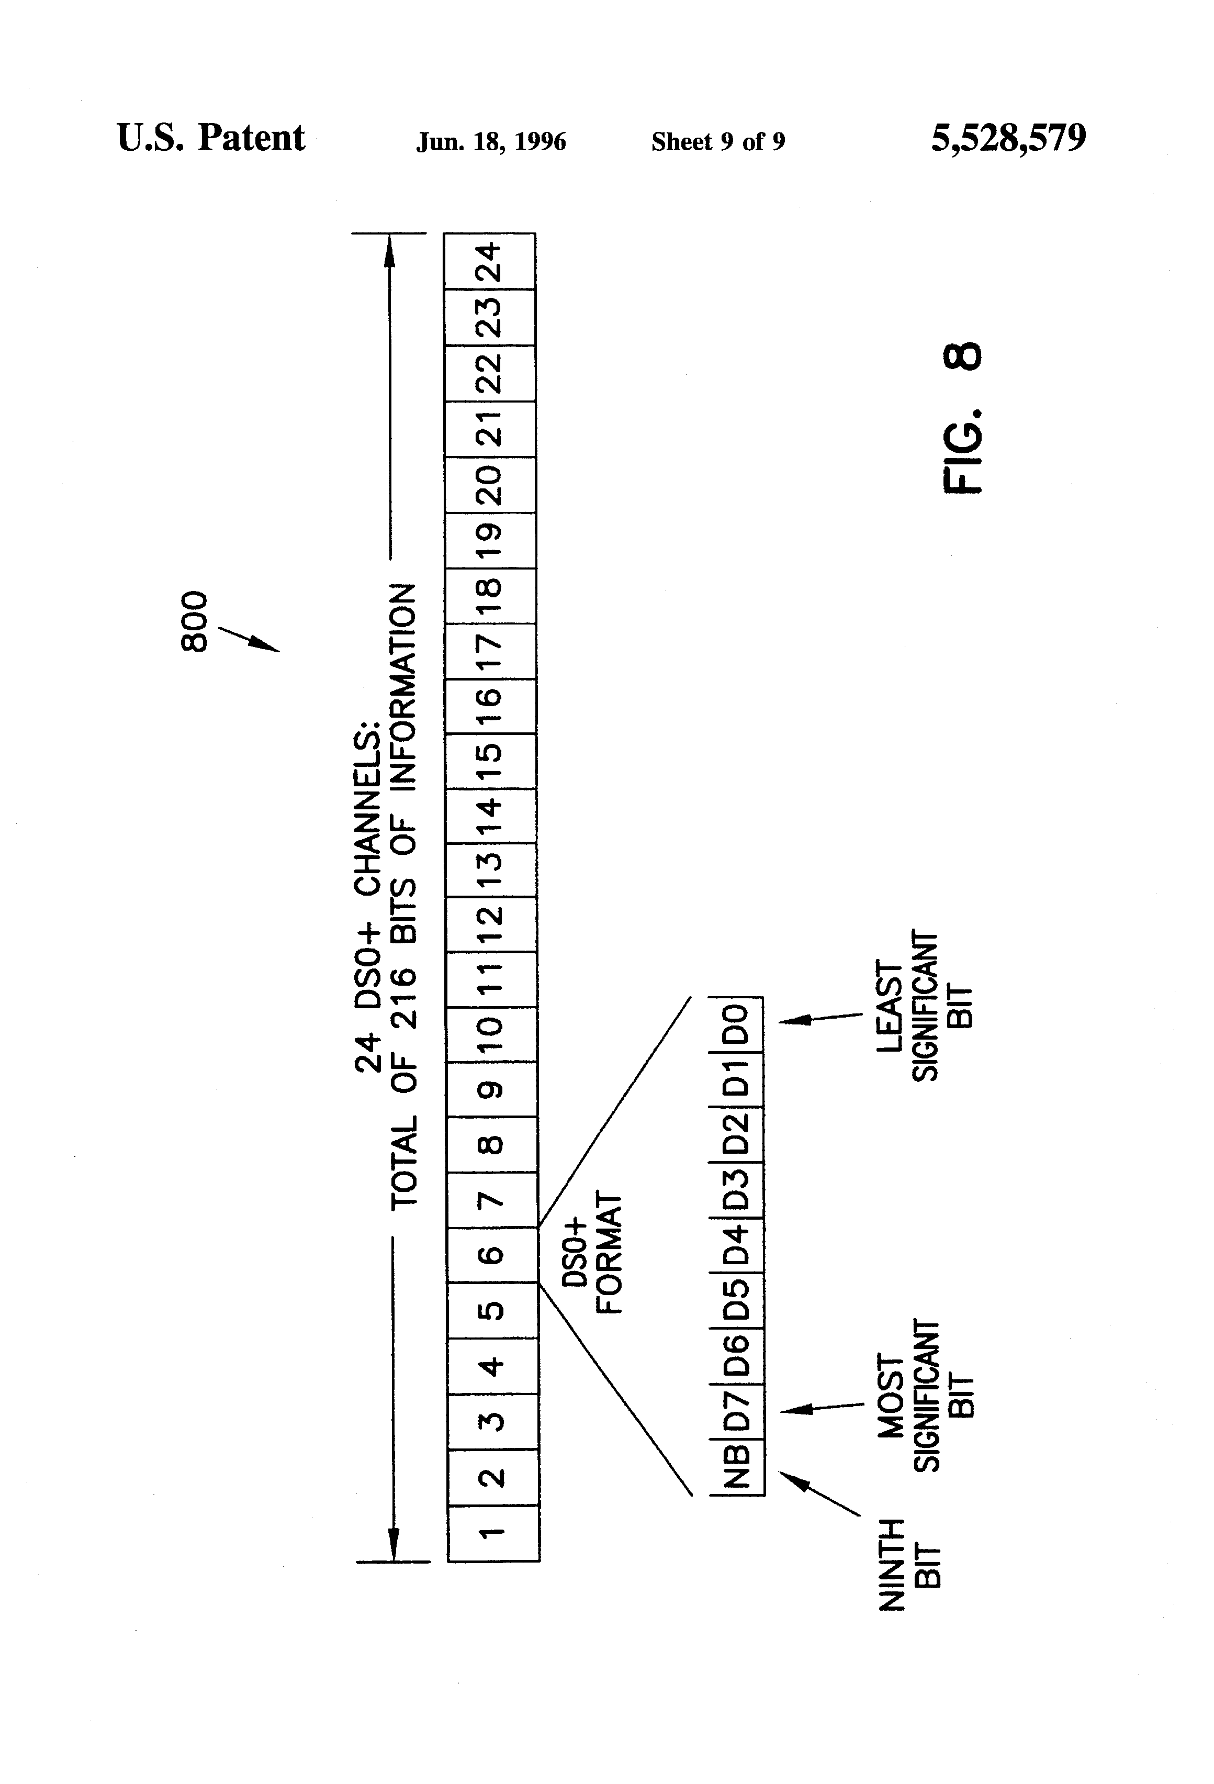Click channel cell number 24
click(490, 261)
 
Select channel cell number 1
click(493, 1533)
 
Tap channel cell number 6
click(492, 1254)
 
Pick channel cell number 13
click(491, 869)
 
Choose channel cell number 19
click(490, 540)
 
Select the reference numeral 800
click(194, 621)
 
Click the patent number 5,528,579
click(1008, 138)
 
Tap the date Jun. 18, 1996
click(491, 141)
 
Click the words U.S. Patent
click(211, 138)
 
